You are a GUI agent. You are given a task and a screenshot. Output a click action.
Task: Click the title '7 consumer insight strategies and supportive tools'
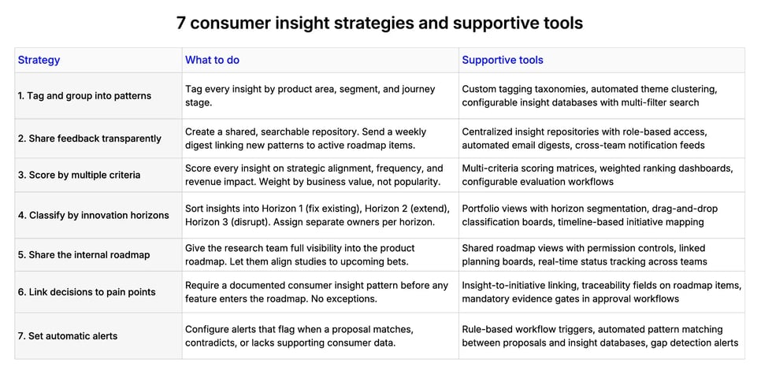coord(380,23)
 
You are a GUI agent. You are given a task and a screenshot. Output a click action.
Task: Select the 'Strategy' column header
coord(39,60)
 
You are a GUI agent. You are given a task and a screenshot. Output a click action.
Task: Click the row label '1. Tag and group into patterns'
coord(84,96)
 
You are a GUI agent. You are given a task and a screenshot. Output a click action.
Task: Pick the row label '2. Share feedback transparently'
coord(89,139)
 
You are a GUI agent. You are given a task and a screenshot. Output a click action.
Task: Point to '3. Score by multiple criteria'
coord(79,175)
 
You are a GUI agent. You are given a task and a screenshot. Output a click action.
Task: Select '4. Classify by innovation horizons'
coord(93,215)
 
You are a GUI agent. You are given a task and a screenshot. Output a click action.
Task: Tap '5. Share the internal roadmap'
coord(84,254)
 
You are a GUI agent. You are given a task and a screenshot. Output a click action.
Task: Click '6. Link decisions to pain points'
coord(87,292)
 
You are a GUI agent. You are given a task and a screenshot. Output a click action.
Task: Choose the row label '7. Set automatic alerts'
coord(68,336)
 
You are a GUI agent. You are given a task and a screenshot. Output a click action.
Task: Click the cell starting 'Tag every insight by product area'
coord(310,96)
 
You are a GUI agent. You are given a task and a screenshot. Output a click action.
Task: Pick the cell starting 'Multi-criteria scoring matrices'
coord(597,175)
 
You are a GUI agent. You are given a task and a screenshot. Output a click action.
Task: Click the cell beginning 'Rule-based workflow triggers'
coord(600,336)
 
